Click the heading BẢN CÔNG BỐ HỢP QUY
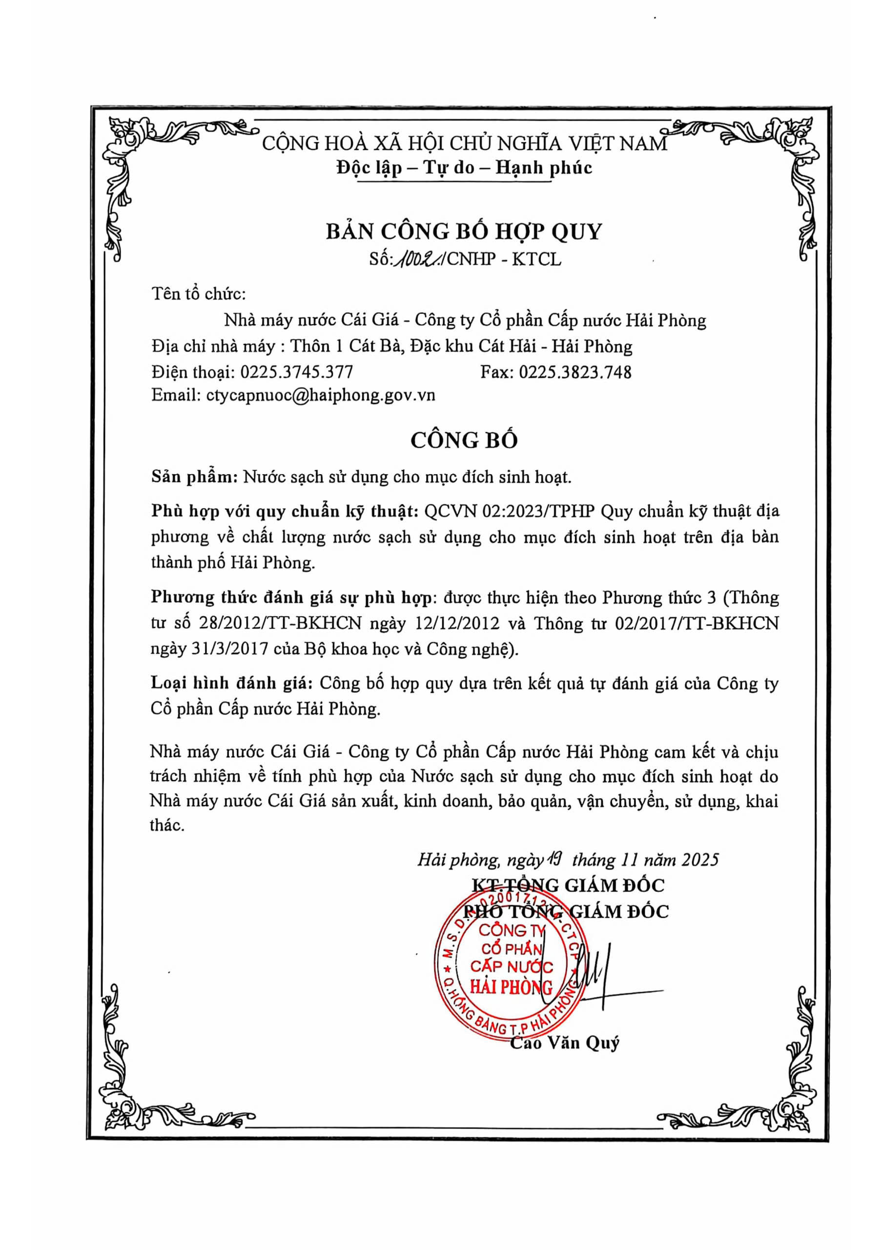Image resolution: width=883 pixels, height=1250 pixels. pyautogui.click(x=464, y=231)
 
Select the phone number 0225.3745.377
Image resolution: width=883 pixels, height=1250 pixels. pyautogui.click(x=297, y=372)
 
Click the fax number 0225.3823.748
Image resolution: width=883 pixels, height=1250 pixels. pyautogui.click(x=575, y=372)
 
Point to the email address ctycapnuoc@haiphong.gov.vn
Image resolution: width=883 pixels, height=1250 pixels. pyautogui.click(x=321, y=395)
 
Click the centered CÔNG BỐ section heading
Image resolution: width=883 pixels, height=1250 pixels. pyautogui.click(x=464, y=440)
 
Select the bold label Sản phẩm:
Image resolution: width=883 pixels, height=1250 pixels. pyautogui.click(x=194, y=477)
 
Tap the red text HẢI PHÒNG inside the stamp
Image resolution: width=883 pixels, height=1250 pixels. pyautogui.click(x=511, y=987)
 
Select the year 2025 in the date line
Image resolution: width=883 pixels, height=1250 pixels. pyautogui.click(x=700, y=860)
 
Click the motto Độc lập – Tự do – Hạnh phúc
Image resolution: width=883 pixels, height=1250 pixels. pyautogui.click(x=464, y=167)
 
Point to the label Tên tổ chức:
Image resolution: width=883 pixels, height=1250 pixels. pyautogui.click(x=199, y=294)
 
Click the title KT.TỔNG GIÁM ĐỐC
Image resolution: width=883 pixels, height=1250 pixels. pyautogui.click(x=568, y=885)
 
